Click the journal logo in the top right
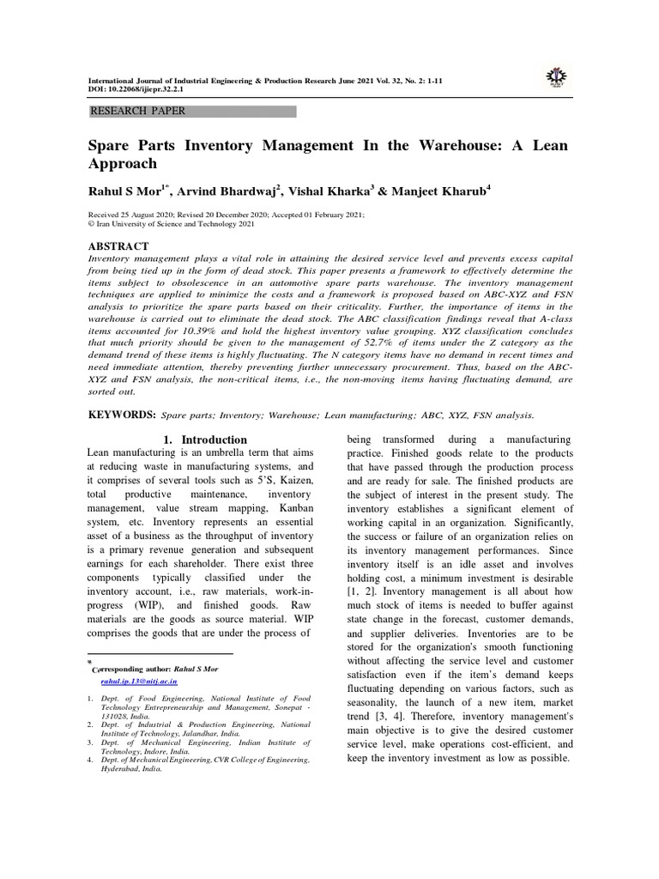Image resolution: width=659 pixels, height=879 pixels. [x=555, y=79]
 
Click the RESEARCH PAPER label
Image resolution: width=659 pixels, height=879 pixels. [x=137, y=112]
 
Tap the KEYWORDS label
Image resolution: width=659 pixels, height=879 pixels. [x=123, y=415]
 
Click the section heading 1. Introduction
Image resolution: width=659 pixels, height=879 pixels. [x=198, y=439]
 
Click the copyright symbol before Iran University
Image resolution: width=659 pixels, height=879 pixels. [x=92, y=223]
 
